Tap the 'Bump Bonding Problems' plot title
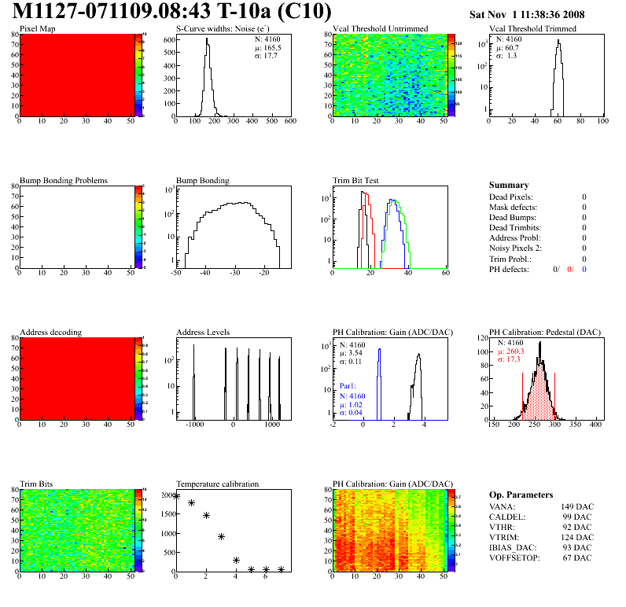(64, 181)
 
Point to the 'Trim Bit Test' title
(356, 181)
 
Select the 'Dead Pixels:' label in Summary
(511, 197)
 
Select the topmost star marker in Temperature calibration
(177, 496)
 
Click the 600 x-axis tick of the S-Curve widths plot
(289, 123)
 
